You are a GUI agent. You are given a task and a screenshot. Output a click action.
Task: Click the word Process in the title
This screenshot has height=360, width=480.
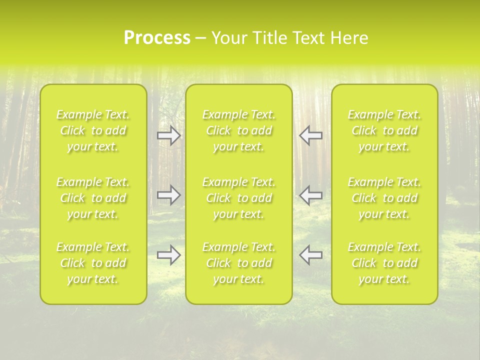click(x=157, y=38)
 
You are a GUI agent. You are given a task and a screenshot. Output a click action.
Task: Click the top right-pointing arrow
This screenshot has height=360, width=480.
click(x=168, y=136)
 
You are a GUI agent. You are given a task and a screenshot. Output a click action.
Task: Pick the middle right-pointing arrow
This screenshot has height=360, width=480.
click(x=168, y=195)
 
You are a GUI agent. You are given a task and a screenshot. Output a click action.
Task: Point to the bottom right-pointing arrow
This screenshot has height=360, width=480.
click(x=168, y=255)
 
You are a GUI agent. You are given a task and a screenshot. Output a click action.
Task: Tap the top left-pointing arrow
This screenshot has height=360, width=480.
click(x=311, y=136)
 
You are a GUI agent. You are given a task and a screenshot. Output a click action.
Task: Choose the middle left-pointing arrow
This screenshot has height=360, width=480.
click(x=311, y=195)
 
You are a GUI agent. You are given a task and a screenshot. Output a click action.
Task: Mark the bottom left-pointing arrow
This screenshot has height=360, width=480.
click(x=311, y=255)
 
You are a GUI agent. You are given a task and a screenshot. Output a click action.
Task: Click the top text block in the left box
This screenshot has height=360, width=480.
click(x=93, y=130)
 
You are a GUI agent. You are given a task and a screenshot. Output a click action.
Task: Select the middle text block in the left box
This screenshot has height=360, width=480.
click(x=93, y=198)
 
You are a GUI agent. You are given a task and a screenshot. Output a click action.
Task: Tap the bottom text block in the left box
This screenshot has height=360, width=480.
click(x=93, y=263)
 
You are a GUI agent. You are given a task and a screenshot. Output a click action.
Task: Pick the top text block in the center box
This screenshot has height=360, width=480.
click(x=239, y=130)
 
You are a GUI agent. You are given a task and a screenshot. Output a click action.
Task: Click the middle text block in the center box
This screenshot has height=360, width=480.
click(x=239, y=198)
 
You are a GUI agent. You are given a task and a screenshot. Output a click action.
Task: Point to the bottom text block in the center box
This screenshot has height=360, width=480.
click(x=239, y=263)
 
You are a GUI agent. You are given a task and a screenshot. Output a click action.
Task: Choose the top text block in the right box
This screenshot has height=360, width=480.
click(x=384, y=130)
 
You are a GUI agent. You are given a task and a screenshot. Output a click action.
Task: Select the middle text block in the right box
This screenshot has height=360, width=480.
click(x=384, y=198)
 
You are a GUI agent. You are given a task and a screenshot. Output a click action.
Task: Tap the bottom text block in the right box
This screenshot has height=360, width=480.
click(x=384, y=263)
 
